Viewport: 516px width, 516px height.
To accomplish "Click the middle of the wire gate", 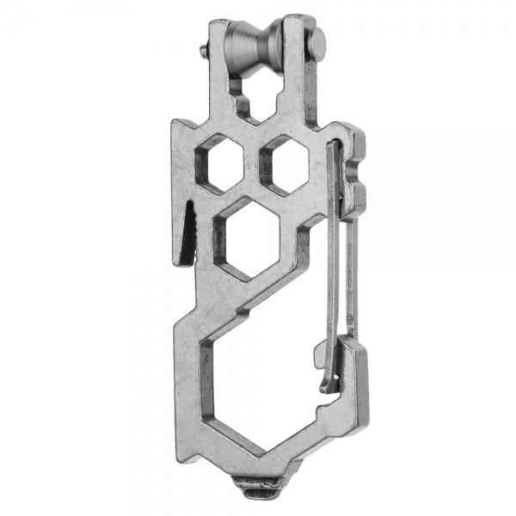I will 341,258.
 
